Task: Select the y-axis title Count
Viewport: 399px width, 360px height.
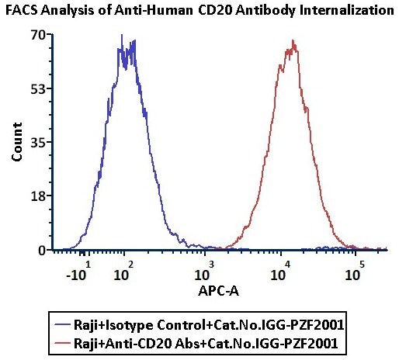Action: (16, 143)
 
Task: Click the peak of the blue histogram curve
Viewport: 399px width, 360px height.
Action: (123, 36)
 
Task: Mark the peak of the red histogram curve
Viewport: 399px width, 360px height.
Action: (293, 41)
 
